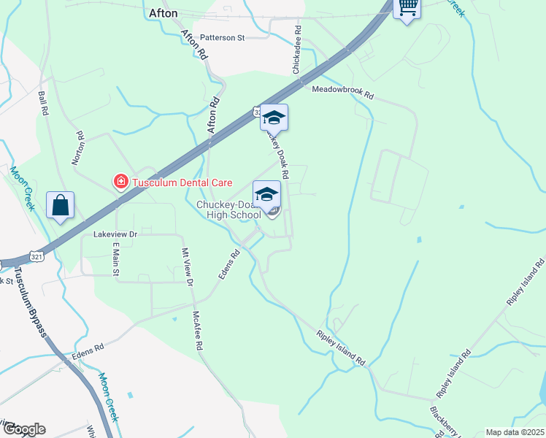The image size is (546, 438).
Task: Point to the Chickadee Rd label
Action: coord(297,50)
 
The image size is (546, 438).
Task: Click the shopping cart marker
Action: coord(407,8)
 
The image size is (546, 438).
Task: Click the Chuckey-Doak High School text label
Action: coord(228,210)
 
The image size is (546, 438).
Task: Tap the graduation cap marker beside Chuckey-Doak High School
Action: coord(266,194)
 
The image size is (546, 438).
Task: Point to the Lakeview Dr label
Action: coord(115,234)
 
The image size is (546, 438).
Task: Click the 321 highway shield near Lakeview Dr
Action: coord(37,253)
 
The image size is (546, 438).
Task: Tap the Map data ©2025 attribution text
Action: coord(514,432)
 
